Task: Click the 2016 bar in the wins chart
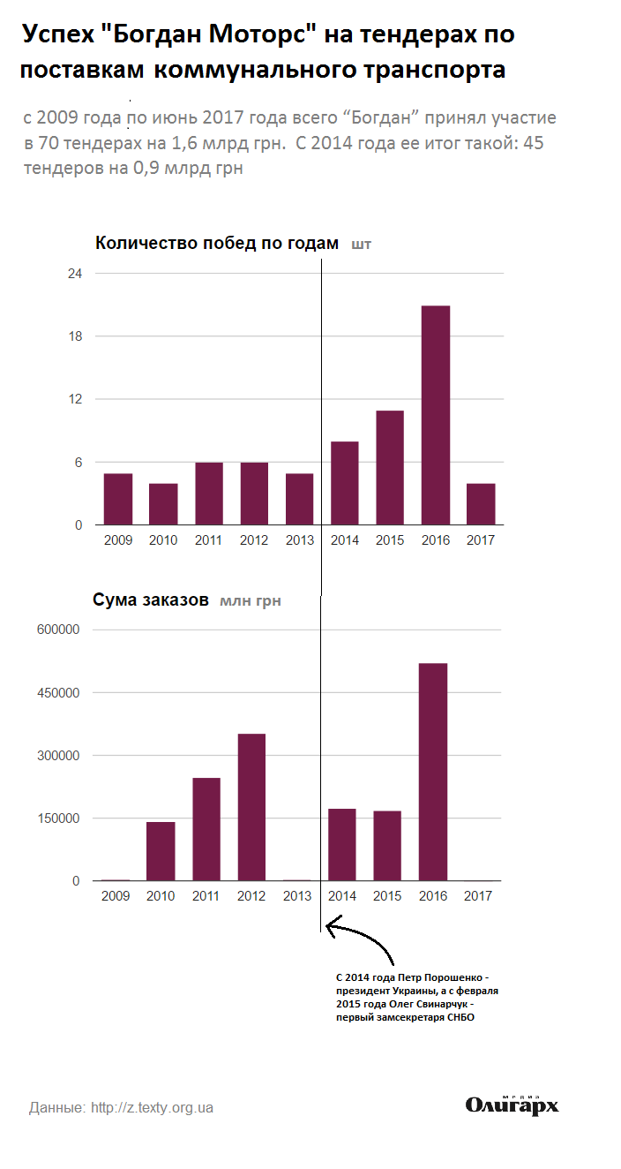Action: click(x=436, y=415)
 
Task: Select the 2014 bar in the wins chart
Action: click(x=344, y=483)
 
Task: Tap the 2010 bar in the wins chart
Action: click(x=163, y=504)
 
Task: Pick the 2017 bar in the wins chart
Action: click(x=481, y=504)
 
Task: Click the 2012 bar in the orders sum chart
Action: click(x=251, y=807)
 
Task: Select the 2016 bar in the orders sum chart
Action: click(x=433, y=772)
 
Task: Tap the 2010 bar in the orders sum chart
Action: click(x=161, y=851)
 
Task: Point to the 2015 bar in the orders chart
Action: click(x=387, y=846)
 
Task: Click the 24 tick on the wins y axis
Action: click(x=75, y=274)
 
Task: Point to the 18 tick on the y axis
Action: click(x=75, y=336)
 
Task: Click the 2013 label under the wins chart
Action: click(x=299, y=540)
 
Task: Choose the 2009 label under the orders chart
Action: click(x=116, y=896)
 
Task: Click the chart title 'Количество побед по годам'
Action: click(x=217, y=244)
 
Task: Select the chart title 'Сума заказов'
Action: click(x=151, y=600)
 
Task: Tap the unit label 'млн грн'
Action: click(x=251, y=601)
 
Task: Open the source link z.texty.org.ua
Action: click(x=152, y=1107)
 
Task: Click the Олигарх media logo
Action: click(x=513, y=1105)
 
